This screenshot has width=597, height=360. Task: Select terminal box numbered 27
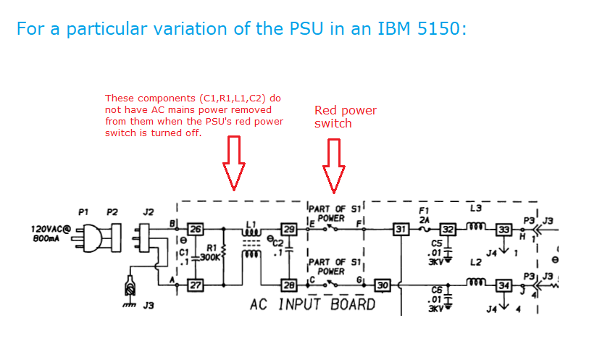[x=196, y=285]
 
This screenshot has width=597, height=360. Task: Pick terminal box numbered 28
[x=289, y=285]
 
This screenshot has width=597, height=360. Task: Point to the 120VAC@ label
[x=49, y=228]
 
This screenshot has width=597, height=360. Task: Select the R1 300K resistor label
[x=211, y=252]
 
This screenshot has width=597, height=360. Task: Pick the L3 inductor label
[x=475, y=209]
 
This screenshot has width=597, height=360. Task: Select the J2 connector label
[x=148, y=212]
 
